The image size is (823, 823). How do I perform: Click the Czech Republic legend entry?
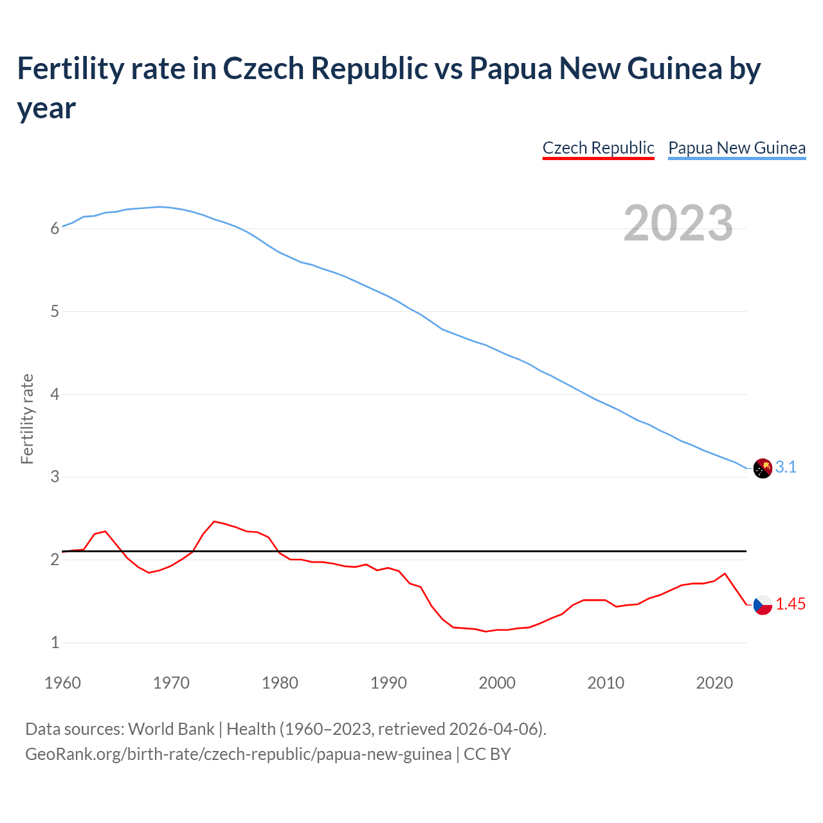pyautogui.click(x=598, y=148)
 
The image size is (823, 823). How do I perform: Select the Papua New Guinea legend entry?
pyautogui.click(x=737, y=148)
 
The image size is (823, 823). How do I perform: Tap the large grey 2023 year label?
pyautogui.click(x=678, y=222)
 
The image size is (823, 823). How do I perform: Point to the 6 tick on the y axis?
pyautogui.click(x=55, y=228)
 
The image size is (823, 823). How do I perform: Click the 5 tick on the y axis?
pyautogui.click(x=55, y=311)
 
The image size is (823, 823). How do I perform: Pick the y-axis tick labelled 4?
pyautogui.click(x=55, y=394)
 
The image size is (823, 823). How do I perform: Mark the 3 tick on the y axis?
pyautogui.click(x=55, y=476)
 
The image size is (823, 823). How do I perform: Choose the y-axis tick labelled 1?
pyautogui.click(x=55, y=642)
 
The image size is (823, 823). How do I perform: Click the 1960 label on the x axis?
pyautogui.click(x=62, y=683)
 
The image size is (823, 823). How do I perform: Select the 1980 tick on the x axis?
pyautogui.click(x=280, y=683)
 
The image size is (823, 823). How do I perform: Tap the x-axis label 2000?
pyautogui.click(x=497, y=683)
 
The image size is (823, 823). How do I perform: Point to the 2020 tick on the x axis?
pyautogui.click(x=714, y=683)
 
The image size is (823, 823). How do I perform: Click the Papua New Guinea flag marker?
pyautogui.click(x=763, y=468)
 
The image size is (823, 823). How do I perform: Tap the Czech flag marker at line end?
pyautogui.click(x=763, y=605)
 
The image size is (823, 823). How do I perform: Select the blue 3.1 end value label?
pyautogui.click(x=786, y=467)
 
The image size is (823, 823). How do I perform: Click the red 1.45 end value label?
pyautogui.click(x=790, y=604)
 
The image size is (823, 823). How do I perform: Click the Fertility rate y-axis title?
pyautogui.click(x=27, y=419)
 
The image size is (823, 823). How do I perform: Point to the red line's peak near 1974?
pyautogui.click(x=214, y=521)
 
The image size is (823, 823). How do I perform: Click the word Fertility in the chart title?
pyautogui.click(x=68, y=68)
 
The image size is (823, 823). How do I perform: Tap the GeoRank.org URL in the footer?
pyautogui.click(x=238, y=754)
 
